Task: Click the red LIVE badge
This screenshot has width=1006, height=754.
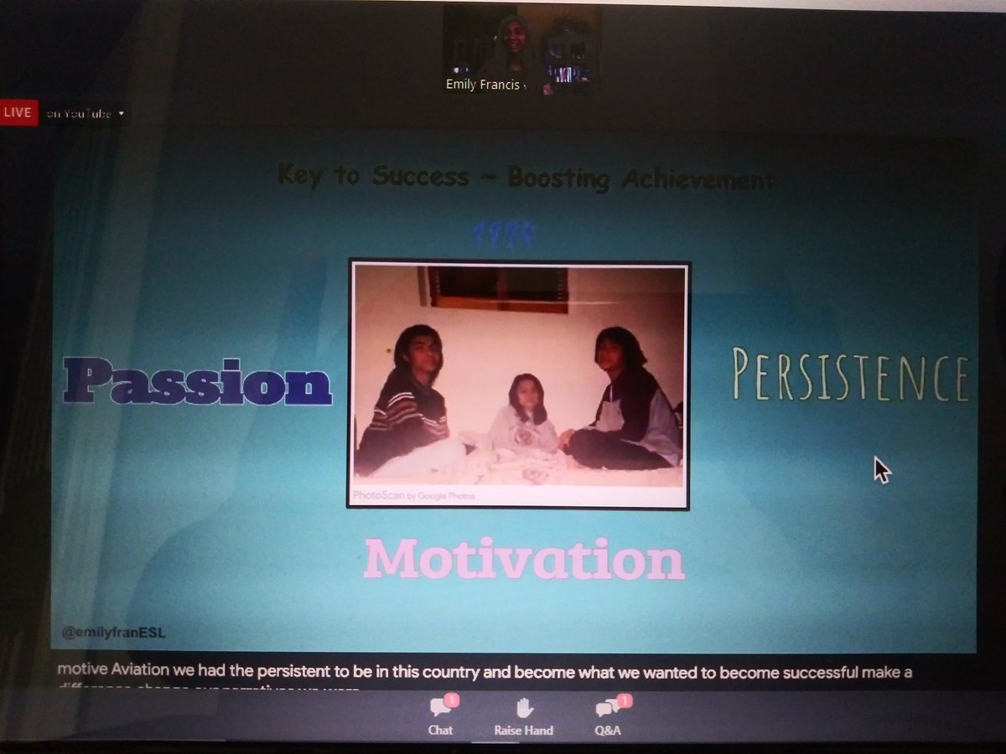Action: point(18,112)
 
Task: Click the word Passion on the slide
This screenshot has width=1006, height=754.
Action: point(198,381)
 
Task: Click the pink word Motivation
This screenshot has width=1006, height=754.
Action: point(524,560)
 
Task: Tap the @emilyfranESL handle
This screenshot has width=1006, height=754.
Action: point(113,633)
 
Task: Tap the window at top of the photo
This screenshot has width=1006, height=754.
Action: point(498,289)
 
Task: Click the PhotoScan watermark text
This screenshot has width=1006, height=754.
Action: point(414,495)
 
